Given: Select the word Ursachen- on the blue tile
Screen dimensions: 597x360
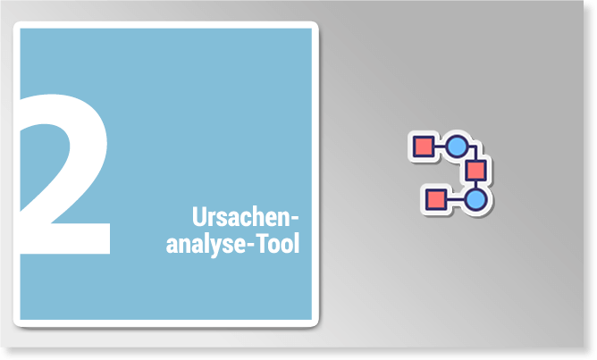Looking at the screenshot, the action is [x=245, y=216].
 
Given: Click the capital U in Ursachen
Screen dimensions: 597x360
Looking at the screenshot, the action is [x=198, y=216].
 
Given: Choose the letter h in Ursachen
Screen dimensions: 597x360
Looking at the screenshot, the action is [x=263, y=216].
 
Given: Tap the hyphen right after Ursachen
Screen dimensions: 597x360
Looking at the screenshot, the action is [x=294, y=220].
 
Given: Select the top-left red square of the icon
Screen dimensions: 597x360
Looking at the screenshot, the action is [x=424, y=147].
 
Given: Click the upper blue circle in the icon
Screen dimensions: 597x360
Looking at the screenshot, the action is [x=457, y=147].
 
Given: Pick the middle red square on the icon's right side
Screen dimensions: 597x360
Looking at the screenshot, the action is [x=476, y=171].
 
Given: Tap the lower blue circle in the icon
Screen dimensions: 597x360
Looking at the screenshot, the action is [x=476, y=200].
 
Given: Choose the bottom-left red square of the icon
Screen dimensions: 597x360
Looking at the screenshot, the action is [x=435, y=199].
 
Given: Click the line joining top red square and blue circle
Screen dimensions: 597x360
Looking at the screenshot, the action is [x=440, y=147].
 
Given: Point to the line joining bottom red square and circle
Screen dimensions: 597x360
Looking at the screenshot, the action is [x=456, y=199].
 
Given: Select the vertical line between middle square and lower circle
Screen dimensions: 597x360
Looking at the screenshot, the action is [x=476, y=185].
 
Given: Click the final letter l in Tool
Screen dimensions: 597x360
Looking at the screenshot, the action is [x=297, y=243].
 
